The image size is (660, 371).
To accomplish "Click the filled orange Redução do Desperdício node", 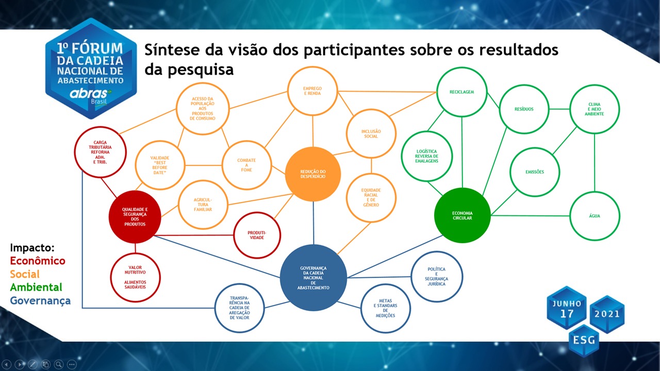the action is tap(313, 174).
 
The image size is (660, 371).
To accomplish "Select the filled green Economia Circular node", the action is tap(463, 215).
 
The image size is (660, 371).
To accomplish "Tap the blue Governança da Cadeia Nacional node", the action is tap(313, 278).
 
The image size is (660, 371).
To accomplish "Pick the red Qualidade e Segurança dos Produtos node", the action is tap(135, 217).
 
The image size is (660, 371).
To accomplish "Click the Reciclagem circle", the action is tap(461, 92).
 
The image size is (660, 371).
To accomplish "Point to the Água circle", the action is tap(595, 216).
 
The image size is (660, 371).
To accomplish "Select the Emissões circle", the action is tap(535, 172).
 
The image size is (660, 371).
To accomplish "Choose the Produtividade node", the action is tap(257, 235).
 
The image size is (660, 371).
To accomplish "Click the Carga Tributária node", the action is tap(100, 152).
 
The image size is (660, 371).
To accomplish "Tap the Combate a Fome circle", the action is tap(246, 165).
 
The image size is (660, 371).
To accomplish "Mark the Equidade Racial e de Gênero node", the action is tap(371, 197).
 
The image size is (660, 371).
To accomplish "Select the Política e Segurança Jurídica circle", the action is tap(437, 277).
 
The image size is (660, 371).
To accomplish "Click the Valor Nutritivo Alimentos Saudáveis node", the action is tap(135, 277).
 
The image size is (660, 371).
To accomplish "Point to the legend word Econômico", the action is tap(38, 261).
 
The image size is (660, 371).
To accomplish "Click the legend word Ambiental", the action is tap(36, 287).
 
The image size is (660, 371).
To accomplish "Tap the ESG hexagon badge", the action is tap(584, 341).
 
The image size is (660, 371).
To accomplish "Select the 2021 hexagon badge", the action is tap(607, 314).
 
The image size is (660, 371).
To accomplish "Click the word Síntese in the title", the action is tap(172, 49).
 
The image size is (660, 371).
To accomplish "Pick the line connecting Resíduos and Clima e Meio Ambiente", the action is tap(559, 109).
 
